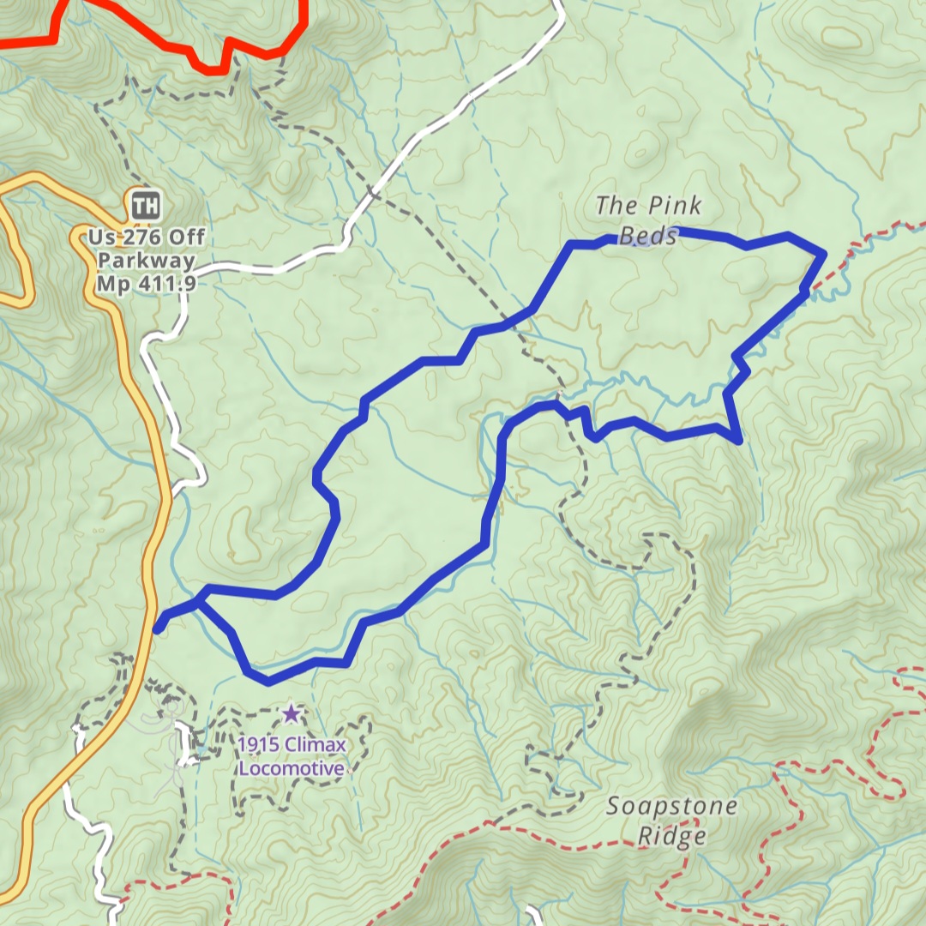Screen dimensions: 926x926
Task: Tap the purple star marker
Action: coord(292,713)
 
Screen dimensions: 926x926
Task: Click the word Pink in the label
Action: coord(674,206)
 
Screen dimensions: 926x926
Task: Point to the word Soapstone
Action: coord(671,807)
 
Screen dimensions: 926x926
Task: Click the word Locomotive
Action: coord(292,768)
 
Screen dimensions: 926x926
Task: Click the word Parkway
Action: coord(147,261)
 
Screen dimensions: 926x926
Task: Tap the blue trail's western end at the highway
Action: coord(158,628)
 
